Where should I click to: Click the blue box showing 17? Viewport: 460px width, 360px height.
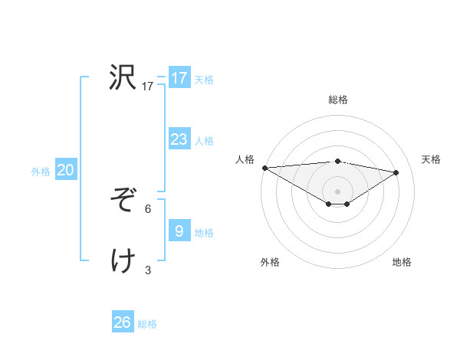click(179, 78)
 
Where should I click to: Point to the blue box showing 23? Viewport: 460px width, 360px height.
click(179, 139)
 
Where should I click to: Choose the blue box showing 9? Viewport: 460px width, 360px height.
click(179, 231)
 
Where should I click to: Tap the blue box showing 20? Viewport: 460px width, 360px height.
click(65, 170)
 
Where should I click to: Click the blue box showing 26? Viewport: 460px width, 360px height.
click(123, 322)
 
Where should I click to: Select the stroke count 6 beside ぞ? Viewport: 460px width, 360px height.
click(148, 208)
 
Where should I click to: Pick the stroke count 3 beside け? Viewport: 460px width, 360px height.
click(148, 270)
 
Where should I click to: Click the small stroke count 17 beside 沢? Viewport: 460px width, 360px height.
click(148, 87)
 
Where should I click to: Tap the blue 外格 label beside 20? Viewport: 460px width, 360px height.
click(41, 172)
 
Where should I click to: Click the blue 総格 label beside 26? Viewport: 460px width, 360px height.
click(147, 324)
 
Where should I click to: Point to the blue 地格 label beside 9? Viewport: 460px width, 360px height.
click(204, 233)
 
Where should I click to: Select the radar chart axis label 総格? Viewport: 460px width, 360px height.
click(338, 100)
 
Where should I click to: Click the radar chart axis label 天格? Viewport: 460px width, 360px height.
click(432, 159)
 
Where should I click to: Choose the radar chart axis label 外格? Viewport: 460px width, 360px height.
click(270, 262)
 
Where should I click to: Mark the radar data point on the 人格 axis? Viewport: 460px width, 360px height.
click(264, 168)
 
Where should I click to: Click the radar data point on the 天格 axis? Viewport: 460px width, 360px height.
click(396, 172)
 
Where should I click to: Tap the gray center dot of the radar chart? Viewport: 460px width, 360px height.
click(337, 191)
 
